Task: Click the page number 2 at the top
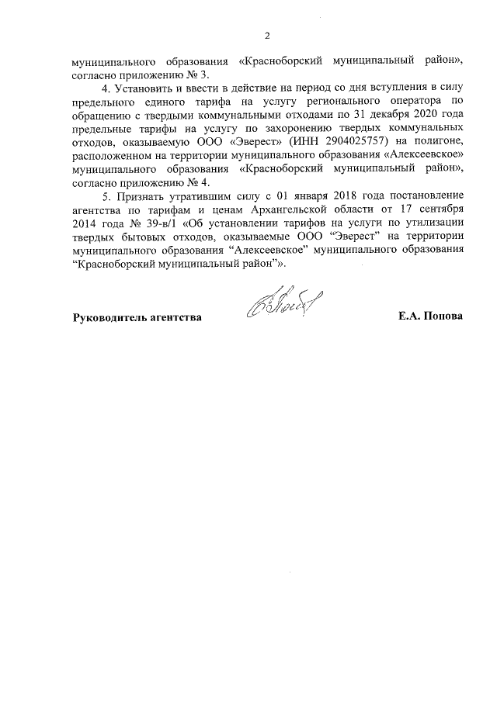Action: (267, 36)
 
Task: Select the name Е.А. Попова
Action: (429, 317)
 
